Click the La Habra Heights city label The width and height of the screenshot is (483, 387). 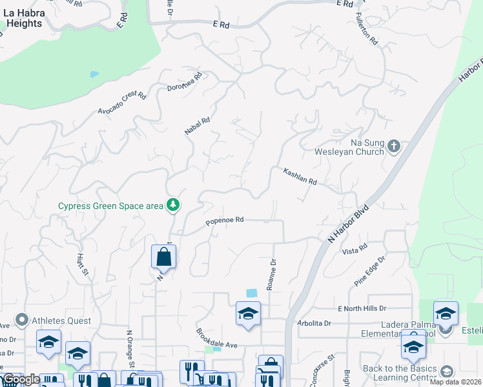(27, 18)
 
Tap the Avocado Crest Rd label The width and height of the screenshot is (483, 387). (122, 103)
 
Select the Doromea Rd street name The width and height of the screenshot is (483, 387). (185, 81)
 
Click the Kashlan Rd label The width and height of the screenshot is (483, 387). (300, 176)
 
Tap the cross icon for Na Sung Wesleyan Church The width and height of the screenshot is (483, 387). (395, 147)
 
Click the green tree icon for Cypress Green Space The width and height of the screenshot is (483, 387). (172, 206)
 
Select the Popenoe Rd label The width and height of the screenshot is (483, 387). (224, 221)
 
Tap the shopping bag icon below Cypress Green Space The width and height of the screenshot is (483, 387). (164, 256)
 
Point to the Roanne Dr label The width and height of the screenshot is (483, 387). (271, 275)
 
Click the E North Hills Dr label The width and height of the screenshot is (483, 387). (361, 308)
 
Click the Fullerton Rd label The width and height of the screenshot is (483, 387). (369, 29)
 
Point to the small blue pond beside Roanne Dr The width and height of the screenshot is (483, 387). (251, 292)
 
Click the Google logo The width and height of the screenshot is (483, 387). (21, 380)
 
